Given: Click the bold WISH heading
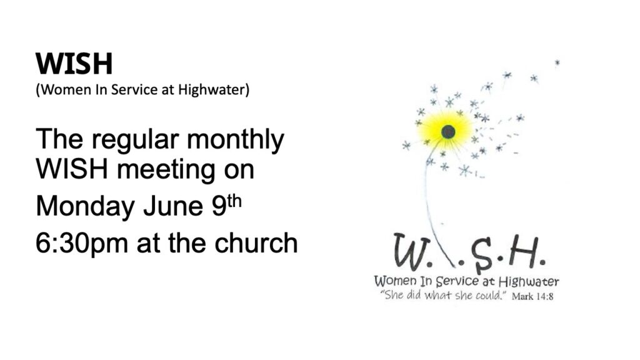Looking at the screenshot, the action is [x=74, y=64].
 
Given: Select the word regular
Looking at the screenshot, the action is [x=135, y=139].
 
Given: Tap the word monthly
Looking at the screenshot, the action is [x=235, y=139].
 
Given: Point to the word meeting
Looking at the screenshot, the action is [x=166, y=169].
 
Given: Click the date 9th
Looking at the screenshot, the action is [x=226, y=205].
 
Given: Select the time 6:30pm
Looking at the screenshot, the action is [x=82, y=244].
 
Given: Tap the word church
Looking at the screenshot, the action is [x=256, y=243].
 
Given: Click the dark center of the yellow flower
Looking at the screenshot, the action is [x=448, y=132].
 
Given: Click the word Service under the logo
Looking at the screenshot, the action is [x=457, y=281].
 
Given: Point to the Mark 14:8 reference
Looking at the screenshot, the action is [x=532, y=297].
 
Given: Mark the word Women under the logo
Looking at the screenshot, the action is [x=396, y=281].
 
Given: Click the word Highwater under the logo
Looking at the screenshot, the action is [x=529, y=282].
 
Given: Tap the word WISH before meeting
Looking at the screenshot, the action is [x=72, y=169].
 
